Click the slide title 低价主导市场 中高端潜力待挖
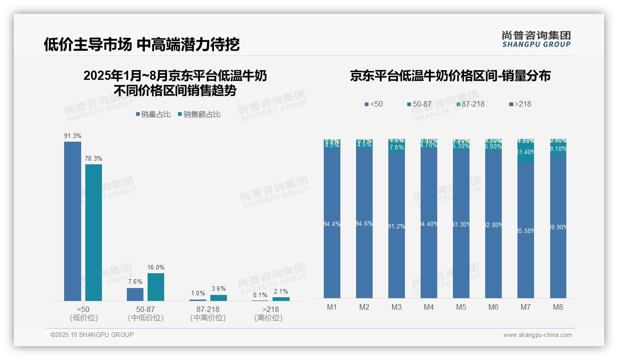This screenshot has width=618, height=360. pos(142,45)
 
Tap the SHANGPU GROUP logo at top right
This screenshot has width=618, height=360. pos(536,39)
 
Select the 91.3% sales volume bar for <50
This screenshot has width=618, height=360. pos(72,222)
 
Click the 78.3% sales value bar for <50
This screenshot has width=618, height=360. pos(93,233)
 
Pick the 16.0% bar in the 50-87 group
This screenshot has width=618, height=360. pos(156,287)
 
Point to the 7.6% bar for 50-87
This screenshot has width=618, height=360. pos(135,294)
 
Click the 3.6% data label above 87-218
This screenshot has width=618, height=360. pos(219,289)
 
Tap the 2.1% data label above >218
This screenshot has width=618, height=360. pos(281,291)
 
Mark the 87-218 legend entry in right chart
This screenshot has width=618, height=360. pos(470,104)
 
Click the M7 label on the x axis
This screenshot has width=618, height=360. pos(525,307)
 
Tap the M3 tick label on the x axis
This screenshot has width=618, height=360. pos(396,307)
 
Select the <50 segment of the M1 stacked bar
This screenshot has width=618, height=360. pos(332,224)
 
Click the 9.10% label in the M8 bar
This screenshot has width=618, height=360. pos(558,149)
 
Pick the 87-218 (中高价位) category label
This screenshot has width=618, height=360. pos(208,313)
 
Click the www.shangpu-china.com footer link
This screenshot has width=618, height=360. pos(537,335)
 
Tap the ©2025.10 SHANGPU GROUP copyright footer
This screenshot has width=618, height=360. pos(92,335)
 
